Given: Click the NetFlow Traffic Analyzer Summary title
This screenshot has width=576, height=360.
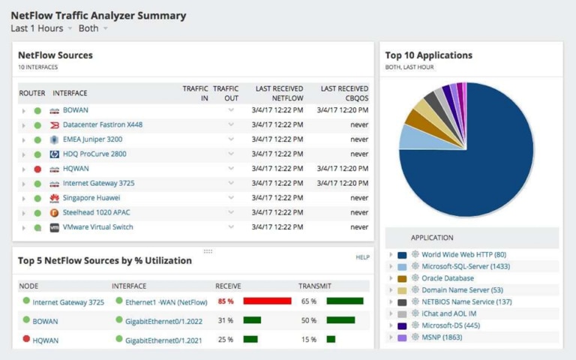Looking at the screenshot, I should click(x=98, y=15).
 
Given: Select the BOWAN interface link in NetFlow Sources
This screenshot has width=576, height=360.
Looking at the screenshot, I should click(x=75, y=110).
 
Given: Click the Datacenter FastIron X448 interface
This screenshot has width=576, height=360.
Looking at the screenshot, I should click(x=102, y=124).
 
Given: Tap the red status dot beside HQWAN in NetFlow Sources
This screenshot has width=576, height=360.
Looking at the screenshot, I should click(x=37, y=169).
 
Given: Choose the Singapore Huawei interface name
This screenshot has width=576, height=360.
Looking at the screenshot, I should click(x=91, y=198).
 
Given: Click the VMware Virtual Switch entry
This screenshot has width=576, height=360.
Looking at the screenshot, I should click(x=98, y=227).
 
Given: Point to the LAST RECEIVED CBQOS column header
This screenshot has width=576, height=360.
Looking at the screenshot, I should click(x=344, y=93).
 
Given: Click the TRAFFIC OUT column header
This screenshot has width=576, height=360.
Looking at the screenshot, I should click(x=226, y=93).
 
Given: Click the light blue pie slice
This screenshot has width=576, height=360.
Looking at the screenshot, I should click(x=411, y=136).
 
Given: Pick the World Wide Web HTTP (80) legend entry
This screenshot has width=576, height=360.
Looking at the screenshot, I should click(x=463, y=255).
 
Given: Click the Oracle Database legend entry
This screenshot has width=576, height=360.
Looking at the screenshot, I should click(x=447, y=278).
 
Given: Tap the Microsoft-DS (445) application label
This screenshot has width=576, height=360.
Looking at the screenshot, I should click(x=456, y=325).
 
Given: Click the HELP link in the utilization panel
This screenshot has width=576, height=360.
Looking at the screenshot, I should click(x=362, y=257).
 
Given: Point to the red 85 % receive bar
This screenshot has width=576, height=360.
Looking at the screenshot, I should click(x=267, y=301).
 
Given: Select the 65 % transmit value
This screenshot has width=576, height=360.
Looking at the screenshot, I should click(x=308, y=301).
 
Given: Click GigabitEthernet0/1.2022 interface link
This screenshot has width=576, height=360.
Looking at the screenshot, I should click(x=160, y=321).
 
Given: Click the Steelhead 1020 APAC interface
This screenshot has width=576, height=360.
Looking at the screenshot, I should click(x=96, y=212).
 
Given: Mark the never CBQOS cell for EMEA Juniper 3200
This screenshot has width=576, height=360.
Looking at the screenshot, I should click(x=359, y=139).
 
